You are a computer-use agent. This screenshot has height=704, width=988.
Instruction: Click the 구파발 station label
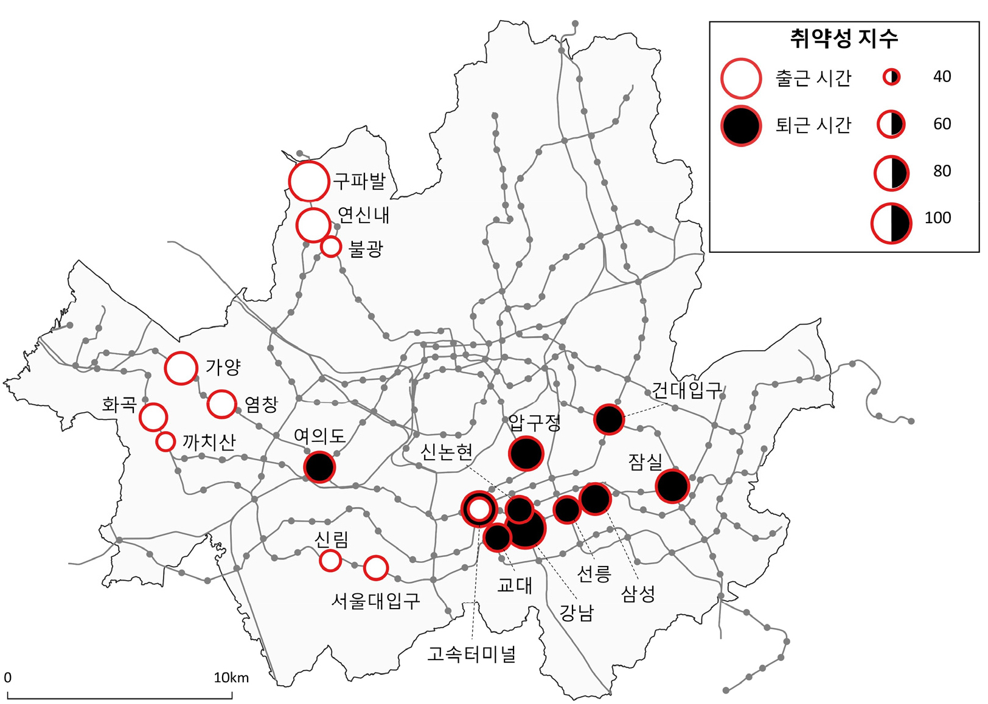[359, 181]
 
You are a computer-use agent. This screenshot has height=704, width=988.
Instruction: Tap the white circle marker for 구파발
[309, 181]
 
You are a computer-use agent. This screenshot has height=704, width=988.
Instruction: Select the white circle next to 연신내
[313, 225]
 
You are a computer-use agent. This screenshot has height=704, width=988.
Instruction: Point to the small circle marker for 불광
[331, 247]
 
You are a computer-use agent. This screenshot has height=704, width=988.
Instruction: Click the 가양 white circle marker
[181, 368]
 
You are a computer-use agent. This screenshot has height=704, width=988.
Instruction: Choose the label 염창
[261, 404]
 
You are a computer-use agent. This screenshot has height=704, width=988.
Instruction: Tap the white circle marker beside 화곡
[153, 417]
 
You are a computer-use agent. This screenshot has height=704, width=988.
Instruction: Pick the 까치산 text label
[209, 442]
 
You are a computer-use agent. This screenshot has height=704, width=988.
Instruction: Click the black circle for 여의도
[319, 467]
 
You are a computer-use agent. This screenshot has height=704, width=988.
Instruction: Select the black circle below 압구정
[526, 454]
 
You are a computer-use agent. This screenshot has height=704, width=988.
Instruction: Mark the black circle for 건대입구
[609, 419]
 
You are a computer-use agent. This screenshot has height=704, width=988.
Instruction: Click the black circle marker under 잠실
[672, 486]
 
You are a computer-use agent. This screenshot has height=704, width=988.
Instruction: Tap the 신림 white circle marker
[330, 560]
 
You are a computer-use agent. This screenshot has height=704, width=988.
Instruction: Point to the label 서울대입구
[375, 601]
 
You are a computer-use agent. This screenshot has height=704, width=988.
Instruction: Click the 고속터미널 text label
[471, 654]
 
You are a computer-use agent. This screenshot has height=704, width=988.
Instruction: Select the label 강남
[576, 612]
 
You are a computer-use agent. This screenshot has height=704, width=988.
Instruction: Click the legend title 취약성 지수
[844, 39]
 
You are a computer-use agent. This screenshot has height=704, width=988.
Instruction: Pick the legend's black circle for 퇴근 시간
[741, 126]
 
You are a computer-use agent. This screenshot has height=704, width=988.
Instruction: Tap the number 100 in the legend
[938, 218]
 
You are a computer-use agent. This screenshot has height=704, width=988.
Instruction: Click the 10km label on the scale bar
[231, 678]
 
